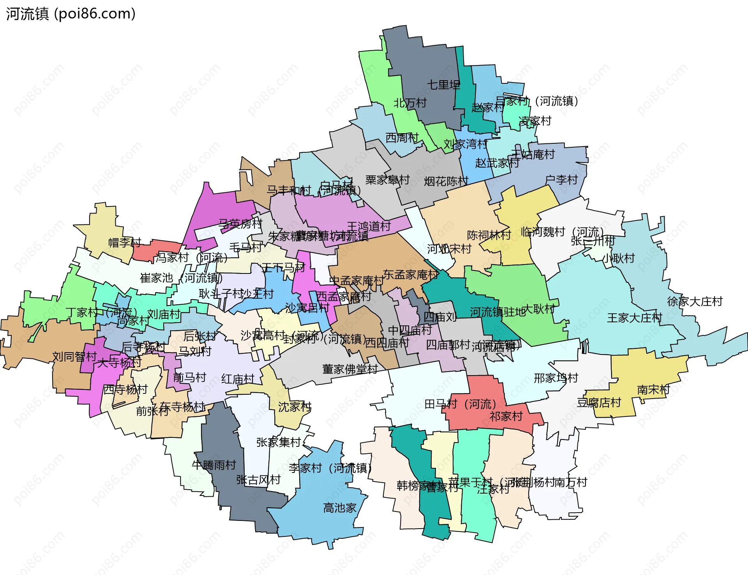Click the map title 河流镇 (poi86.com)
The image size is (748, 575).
[x=71, y=14]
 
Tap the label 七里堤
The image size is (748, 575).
[x=443, y=85]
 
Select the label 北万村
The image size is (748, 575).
[x=410, y=103]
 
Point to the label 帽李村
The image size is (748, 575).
[x=125, y=242]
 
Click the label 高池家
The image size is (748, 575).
[x=340, y=508]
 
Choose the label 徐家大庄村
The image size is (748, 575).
[x=695, y=301]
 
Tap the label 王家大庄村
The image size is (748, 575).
[x=634, y=318]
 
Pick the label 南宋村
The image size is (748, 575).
[x=653, y=390]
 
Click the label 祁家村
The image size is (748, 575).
[x=506, y=416]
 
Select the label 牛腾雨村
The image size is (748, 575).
[x=214, y=465]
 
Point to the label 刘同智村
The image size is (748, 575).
[x=74, y=356]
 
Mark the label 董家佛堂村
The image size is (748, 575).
[x=350, y=369]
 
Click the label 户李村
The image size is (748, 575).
[x=561, y=180]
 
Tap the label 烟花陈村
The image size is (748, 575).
[x=446, y=181]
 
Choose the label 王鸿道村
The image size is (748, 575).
[x=369, y=226]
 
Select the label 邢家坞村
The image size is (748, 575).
[x=556, y=378]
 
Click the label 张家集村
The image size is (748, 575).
[x=279, y=442]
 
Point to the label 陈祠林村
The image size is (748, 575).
[x=489, y=235]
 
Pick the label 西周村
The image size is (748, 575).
[x=402, y=138]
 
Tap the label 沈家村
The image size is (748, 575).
[x=295, y=407]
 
